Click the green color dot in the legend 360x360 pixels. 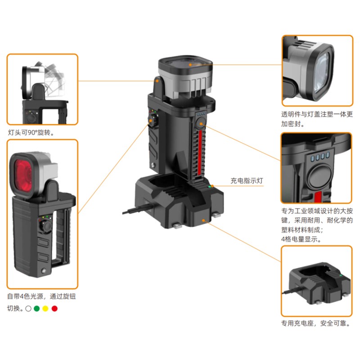36,309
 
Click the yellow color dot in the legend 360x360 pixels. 45,309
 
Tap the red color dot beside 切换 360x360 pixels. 54,309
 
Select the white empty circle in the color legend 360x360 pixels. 28,309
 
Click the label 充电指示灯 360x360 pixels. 247,181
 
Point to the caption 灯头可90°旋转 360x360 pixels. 31,132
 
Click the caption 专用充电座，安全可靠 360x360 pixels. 316,323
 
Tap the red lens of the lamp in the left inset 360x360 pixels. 23,175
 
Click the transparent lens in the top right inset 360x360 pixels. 323,73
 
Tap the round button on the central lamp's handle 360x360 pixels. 201,123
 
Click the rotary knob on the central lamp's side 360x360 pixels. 153,120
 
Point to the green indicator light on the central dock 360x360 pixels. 209,187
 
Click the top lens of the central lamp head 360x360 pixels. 185,63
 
